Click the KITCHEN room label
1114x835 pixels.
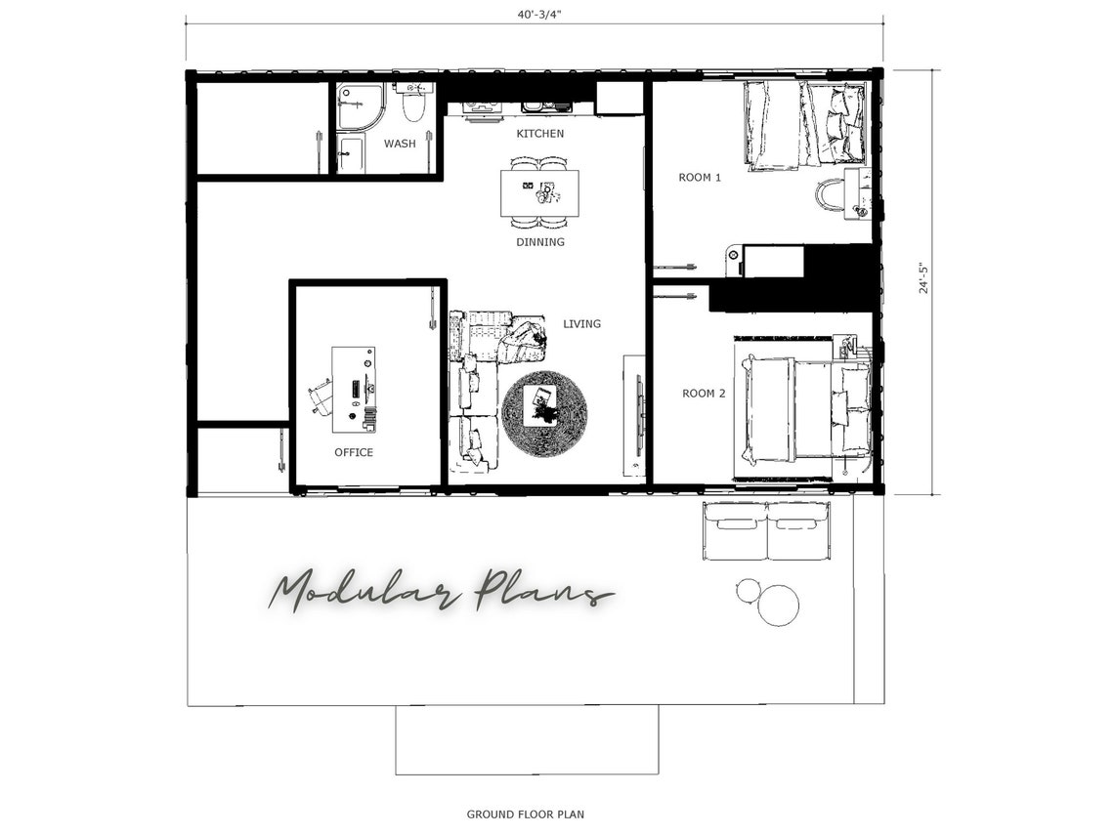pyautogui.click(x=539, y=134)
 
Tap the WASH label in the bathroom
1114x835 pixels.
pyautogui.click(x=399, y=144)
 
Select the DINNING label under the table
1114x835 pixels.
pyautogui.click(x=540, y=242)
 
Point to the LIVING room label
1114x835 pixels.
pyautogui.click(x=581, y=323)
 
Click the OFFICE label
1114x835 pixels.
pyautogui.click(x=353, y=452)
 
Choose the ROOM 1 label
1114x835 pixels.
pyautogui.click(x=700, y=178)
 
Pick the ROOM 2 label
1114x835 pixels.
pyautogui.click(x=704, y=393)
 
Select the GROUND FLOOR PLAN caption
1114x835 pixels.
pyautogui.click(x=525, y=814)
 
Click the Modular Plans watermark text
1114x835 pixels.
pyautogui.click(x=440, y=592)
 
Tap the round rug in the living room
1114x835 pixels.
pyautogui.click(x=544, y=413)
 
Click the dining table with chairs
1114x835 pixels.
pyautogui.click(x=539, y=193)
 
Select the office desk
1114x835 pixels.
pyautogui.click(x=353, y=389)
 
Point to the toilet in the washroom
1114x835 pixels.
pyautogui.click(x=414, y=103)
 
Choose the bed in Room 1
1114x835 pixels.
pyautogui.click(x=804, y=124)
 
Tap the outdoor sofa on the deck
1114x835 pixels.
pyautogui.click(x=766, y=531)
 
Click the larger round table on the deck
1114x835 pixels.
pyautogui.click(x=779, y=605)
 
